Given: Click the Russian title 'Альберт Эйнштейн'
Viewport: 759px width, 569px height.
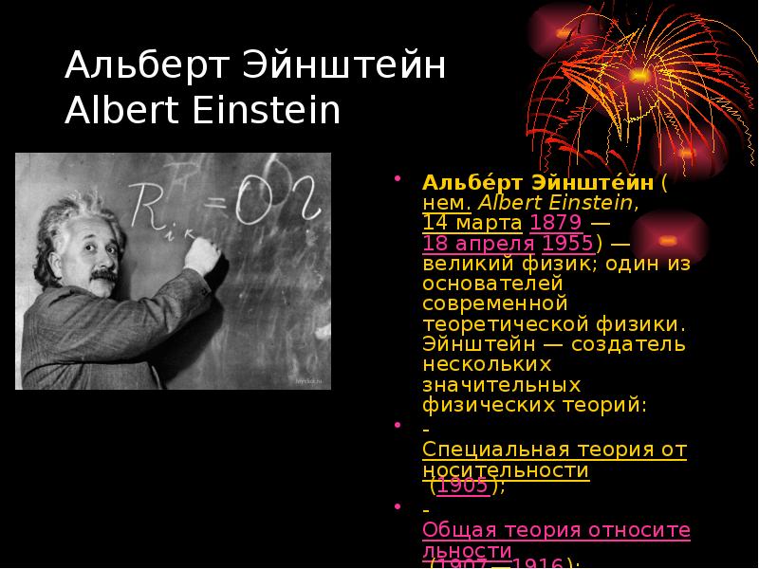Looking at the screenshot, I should pyautogui.click(x=255, y=68).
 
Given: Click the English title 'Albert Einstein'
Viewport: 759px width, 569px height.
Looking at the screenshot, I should pyautogui.click(x=202, y=111).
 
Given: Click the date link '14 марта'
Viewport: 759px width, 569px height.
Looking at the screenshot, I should pyautogui.click(x=472, y=223).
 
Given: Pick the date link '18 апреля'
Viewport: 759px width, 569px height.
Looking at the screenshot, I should pyautogui.click(x=478, y=243).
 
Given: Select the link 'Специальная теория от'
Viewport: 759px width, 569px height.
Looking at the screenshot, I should pyautogui.click(x=554, y=449).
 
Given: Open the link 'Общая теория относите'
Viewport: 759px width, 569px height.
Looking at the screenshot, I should pyautogui.click(x=556, y=529).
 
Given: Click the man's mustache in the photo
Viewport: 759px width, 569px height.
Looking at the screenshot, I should pyautogui.click(x=102, y=276).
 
